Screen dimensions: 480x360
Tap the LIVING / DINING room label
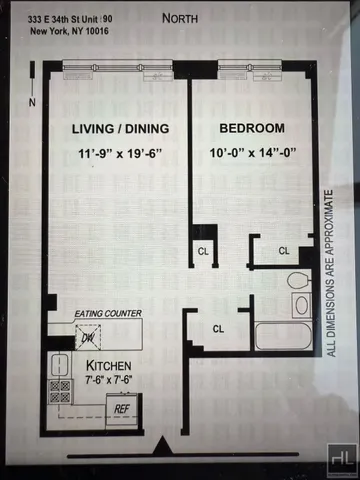pyautogui.click(x=119, y=129)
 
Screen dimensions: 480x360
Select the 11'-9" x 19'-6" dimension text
pyautogui.click(x=119, y=156)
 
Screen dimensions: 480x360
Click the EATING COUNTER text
pyautogui.click(x=107, y=313)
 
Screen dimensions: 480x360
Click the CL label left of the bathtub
pyautogui.click(x=217, y=327)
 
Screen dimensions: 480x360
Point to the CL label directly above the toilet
pyautogui.click(x=283, y=250)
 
